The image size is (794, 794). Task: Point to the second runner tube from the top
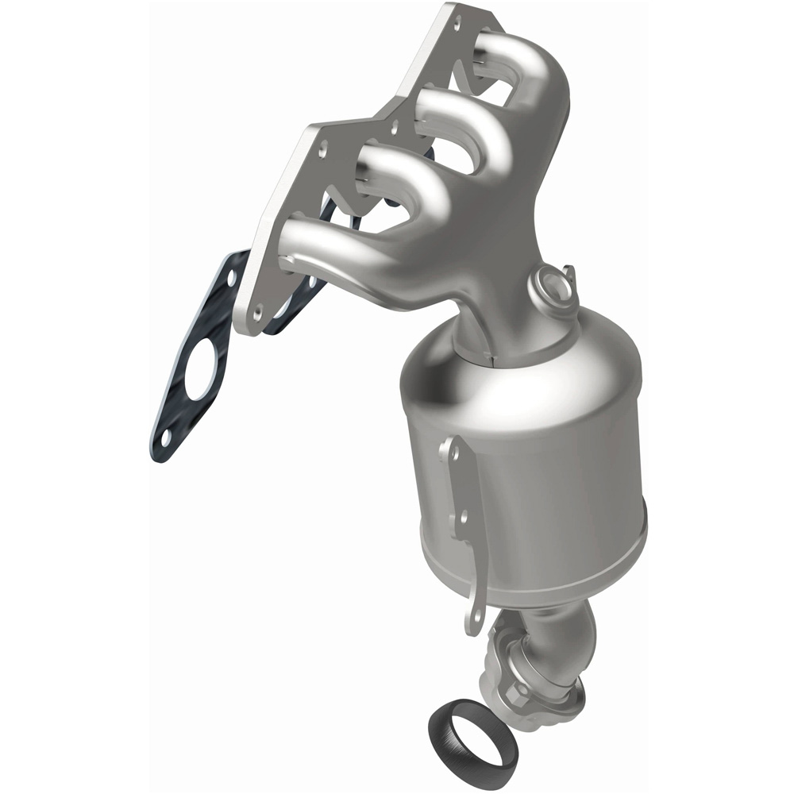(468, 107)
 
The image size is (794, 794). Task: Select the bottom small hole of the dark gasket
(165, 437)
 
